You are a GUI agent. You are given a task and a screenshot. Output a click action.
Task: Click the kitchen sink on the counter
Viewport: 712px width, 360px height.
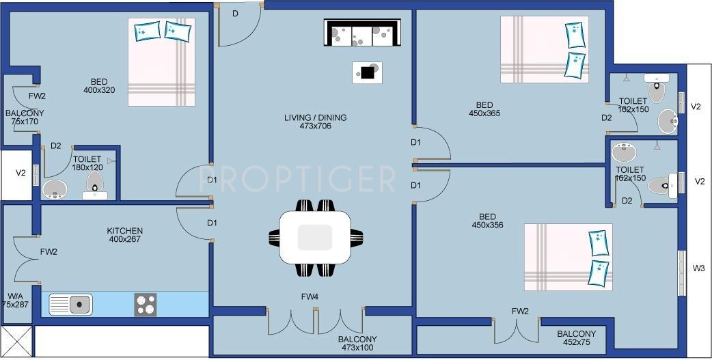click(x=71, y=303)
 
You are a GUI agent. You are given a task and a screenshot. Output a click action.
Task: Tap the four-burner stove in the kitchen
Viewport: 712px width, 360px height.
click(x=145, y=304)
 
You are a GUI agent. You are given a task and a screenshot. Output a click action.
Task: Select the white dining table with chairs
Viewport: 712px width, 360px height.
click(x=315, y=238)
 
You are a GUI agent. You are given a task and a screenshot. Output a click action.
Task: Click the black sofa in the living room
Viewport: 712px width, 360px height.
click(x=361, y=33)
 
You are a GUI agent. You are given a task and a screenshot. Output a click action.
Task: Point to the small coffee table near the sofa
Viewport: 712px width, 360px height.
click(x=367, y=72)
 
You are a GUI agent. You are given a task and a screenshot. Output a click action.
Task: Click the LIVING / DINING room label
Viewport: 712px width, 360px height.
click(x=315, y=117)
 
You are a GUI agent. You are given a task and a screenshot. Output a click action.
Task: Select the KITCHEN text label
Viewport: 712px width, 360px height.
click(x=124, y=231)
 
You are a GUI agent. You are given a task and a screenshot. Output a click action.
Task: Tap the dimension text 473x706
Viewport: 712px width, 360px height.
click(x=315, y=126)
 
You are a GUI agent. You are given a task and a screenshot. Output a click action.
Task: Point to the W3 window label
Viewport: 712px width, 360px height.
click(x=698, y=268)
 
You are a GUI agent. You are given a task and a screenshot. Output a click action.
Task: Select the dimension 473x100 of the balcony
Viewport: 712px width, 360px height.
click(x=357, y=348)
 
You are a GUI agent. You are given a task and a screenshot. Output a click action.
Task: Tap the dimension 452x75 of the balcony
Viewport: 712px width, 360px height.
click(x=576, y=343)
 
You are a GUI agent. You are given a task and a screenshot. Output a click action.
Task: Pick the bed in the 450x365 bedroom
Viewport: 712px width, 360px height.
click(x=545, y=49)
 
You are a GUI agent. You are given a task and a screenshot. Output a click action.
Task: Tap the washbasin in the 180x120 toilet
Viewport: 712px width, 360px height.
click(x=55, y=189)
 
